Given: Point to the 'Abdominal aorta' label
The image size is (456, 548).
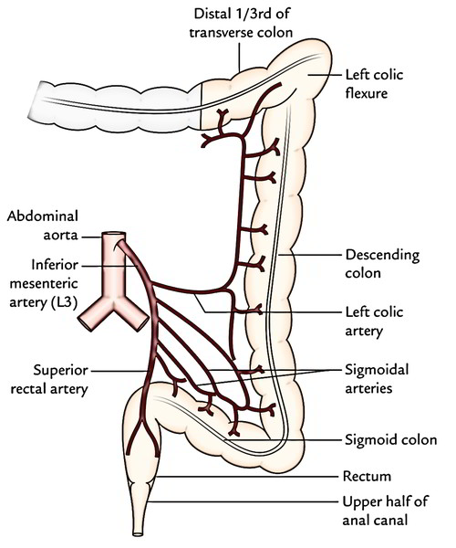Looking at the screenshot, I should coord(40,225).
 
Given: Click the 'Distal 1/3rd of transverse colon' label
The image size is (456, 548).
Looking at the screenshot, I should coord(240,20).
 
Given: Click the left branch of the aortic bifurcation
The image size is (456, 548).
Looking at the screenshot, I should coord(92,317).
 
